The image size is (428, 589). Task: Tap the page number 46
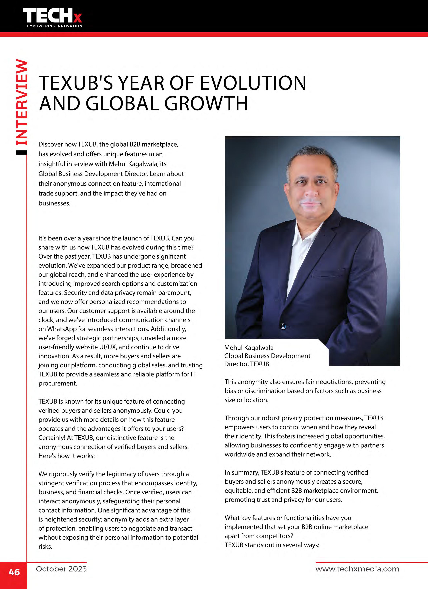(14, 572)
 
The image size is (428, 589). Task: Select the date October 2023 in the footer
(61, 569)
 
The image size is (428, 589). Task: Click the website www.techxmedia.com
(357, 569)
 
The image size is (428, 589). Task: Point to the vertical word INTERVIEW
(22, 103)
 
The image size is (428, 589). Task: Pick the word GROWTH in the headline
(206, 103)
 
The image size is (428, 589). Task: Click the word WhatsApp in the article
(62, 329)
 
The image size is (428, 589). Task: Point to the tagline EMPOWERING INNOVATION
(55, 26)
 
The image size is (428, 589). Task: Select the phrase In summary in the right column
(242, 472)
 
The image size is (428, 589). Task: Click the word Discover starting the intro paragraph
(50, 144)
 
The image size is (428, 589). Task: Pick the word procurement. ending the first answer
(58, 384)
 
